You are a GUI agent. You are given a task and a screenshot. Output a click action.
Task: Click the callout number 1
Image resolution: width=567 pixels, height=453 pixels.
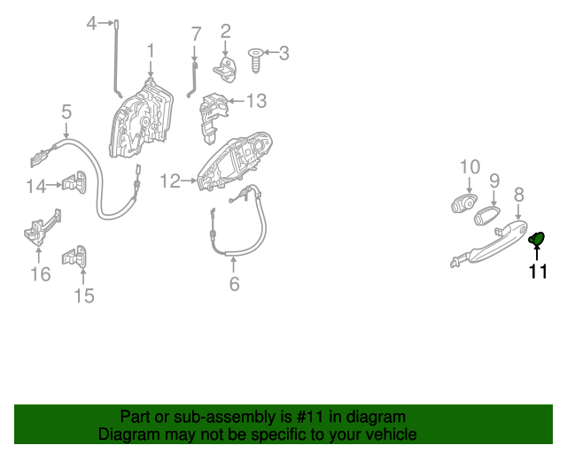(151, 50)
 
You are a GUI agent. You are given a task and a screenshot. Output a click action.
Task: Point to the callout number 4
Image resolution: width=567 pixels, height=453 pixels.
(91, 23)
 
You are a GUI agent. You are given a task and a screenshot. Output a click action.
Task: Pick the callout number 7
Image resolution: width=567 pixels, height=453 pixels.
(197, 35)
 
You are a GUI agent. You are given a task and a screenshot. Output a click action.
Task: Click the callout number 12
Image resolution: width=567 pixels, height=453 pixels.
(169, 181)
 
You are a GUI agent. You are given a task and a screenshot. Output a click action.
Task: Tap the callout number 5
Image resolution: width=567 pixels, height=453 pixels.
(66, 112)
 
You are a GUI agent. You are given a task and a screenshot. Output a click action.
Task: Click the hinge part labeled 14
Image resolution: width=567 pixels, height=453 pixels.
(73, 183)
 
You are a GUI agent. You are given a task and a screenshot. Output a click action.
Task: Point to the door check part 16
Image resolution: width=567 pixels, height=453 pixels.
(41, 229)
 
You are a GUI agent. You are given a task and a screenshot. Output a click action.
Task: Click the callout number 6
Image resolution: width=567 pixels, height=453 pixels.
(234, 284)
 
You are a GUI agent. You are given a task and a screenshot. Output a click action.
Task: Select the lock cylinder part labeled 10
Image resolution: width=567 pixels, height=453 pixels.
(463, 203)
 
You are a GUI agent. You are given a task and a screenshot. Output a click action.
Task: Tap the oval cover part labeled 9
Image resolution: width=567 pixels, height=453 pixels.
(488, 214)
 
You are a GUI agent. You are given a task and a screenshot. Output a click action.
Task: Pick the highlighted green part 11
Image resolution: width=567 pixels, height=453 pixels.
(536, 237)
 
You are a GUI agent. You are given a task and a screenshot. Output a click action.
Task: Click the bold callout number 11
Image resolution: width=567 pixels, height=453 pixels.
(538, 272)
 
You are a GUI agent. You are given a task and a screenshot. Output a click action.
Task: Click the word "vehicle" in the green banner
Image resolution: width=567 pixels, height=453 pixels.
(386, 434)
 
